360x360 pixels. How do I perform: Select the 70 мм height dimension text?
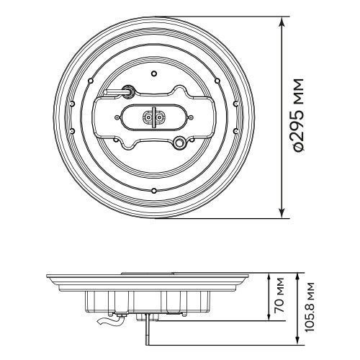coord(279,295)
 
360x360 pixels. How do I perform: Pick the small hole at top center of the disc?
coord(154,73)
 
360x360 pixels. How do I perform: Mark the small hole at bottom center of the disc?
coord(154,191)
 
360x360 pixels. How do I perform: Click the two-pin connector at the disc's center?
coord(153,117)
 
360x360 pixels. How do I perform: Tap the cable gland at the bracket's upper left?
coord(127,91)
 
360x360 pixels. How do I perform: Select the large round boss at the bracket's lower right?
coord(179,142)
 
